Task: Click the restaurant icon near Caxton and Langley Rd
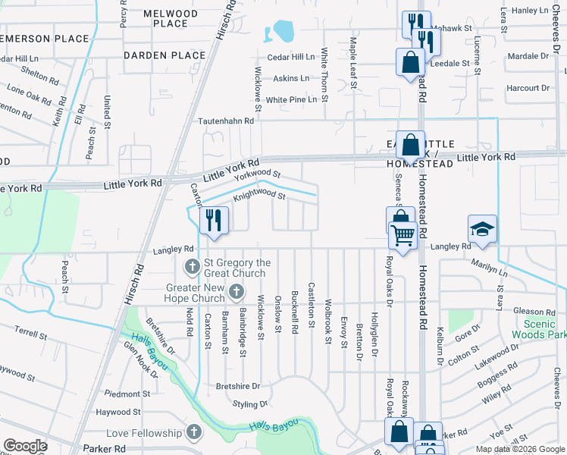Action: click(x=214, y=220)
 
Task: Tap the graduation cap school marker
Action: click(x=482, y=228)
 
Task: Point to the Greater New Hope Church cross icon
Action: click(x=237, y=292)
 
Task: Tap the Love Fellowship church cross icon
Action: click(x=193, y=433)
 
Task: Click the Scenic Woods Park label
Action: click(x=538, y=328)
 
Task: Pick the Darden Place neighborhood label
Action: click(x=160, y=55)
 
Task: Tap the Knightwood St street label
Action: click(x=258, y=196)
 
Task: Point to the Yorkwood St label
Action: click(x=257, y=176)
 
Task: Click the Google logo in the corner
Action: click(x=24, y=446)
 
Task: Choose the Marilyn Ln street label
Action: click(x=491, y=268)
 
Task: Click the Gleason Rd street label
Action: click(x=535, y=312)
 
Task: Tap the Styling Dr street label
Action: click(x=251, y=405)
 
